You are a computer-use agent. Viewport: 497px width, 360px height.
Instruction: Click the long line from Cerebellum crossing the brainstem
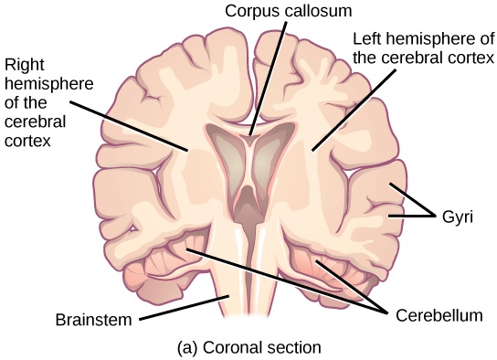click(283, 278)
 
